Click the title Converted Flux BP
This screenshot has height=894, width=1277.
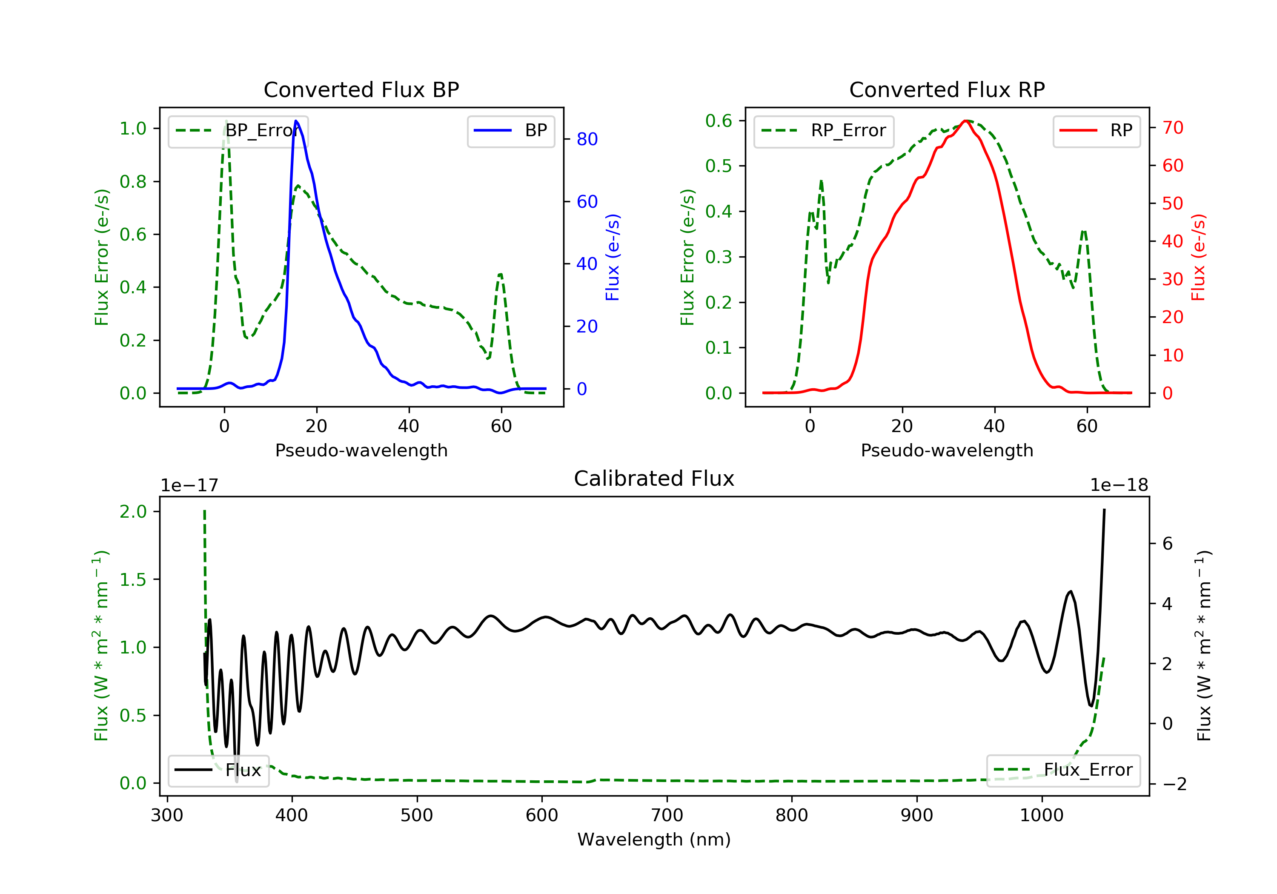click(x=361, y=89)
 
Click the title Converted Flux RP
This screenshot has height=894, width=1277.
click(x=947, y=89)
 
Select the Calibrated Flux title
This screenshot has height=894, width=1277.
click(x=654, y=479)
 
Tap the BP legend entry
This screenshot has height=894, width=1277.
click(x=510, y=131)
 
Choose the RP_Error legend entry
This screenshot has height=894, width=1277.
click(x=823, y=131)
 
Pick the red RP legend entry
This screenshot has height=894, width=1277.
click(x=1096, y=131)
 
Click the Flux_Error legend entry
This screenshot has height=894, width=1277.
click(x=1063, y=770)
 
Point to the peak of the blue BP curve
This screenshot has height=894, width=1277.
click(x=296, y=121)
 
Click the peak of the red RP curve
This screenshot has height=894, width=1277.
click(x=967, y=121)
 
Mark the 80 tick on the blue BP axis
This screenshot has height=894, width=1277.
click(x=587, y=139)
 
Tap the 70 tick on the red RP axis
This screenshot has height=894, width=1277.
click(x=1173, y=128)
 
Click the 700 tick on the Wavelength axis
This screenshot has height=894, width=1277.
click(x=667, y=816)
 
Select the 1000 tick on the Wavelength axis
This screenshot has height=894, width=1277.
click(x=1042, y=816)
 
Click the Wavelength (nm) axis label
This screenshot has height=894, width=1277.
click(x=654, y=840)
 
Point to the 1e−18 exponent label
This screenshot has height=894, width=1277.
click(x=1119, y=485)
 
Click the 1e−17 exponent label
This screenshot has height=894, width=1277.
click(x=190, y=485)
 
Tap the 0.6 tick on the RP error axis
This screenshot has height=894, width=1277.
click(x=719, y=121)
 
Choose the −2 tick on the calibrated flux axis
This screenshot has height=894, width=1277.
click(x=1175, y=785)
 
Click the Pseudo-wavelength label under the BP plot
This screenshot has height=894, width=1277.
click(x=361, y=450)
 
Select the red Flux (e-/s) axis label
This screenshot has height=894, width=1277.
click(x=1199, y=258)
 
